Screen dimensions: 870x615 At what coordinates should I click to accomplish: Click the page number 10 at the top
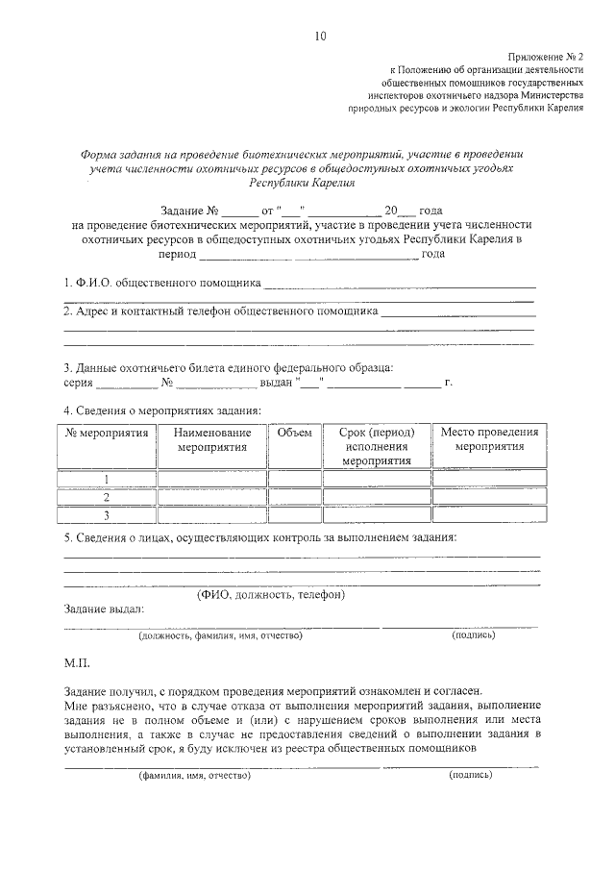point(320,37)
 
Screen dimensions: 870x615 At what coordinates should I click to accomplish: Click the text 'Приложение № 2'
point(545,58)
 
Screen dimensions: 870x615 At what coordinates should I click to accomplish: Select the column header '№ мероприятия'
point(106,434)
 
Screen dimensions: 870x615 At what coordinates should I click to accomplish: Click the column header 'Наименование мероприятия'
point(212,440)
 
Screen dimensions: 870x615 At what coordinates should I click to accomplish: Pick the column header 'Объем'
point(294,434)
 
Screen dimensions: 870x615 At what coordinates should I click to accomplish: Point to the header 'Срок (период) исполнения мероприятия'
point(377,447)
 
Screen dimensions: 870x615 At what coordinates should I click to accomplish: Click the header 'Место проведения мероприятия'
point(489,440)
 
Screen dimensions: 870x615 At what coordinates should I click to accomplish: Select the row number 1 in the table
point(106,479)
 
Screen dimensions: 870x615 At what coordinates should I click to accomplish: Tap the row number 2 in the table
point(106,497)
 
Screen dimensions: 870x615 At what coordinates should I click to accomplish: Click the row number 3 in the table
point(106,515)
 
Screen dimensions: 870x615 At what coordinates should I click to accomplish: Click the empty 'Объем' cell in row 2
point(294,497)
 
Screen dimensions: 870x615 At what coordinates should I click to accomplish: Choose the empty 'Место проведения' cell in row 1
point(489,479)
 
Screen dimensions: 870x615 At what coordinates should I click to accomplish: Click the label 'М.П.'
point(77,664)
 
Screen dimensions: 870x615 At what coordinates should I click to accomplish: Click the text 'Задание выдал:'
point(104,609)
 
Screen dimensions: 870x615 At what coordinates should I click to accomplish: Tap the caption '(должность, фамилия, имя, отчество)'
point(220,635)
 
